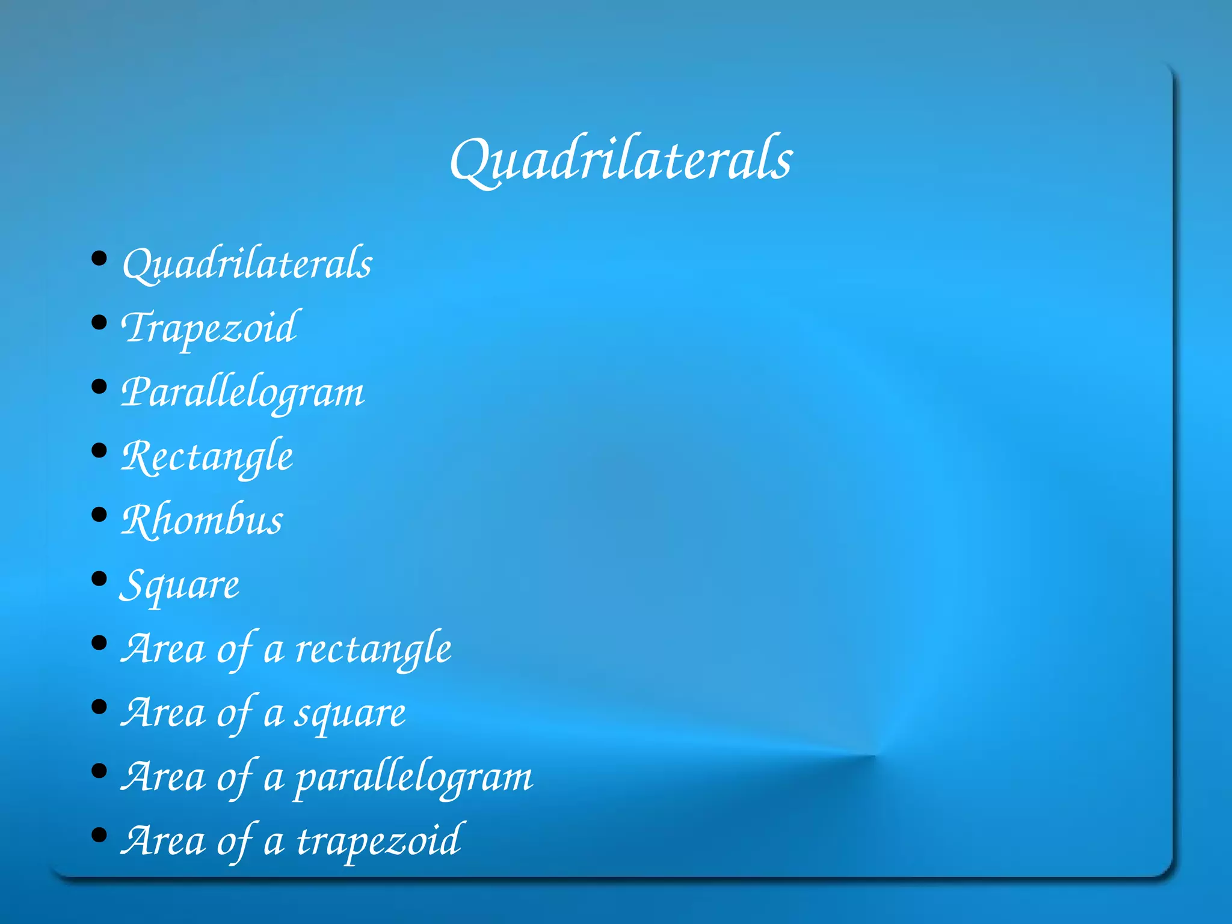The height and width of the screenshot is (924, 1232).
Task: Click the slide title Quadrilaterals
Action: (x=621, y=160)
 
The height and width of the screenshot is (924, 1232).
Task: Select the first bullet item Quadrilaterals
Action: (x=247, y=264)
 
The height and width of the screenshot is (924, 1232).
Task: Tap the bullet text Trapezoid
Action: (x=209, y=328)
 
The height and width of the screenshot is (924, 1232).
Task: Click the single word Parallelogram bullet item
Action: (x=243, y=393)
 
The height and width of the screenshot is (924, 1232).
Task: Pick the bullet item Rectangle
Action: (x=208, y=457)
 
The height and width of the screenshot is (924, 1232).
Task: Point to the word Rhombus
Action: (x=202, y=521)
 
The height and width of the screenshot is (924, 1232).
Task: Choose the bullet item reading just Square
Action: (x=180, y=585)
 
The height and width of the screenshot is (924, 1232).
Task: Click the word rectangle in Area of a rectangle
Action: (x=373, y=649)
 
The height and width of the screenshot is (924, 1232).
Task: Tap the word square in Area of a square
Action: (x=350, y=714)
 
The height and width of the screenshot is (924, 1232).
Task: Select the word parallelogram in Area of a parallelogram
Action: (x=414, y=778)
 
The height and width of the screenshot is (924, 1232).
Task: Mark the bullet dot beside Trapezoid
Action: (x=99, y=323)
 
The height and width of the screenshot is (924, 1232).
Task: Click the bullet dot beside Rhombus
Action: (x=99, y=515)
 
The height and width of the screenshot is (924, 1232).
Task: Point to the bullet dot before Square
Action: (x=99, y=579)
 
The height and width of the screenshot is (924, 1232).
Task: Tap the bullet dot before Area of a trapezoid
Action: (x=99, y=835)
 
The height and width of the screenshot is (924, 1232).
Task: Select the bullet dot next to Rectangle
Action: (x=99, y=450)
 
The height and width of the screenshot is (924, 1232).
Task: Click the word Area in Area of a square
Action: (x=163, y=714)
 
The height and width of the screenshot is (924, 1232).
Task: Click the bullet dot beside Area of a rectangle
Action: (x=99, y=643)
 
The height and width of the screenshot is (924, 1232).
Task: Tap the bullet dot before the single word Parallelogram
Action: (x=99, y=387)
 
